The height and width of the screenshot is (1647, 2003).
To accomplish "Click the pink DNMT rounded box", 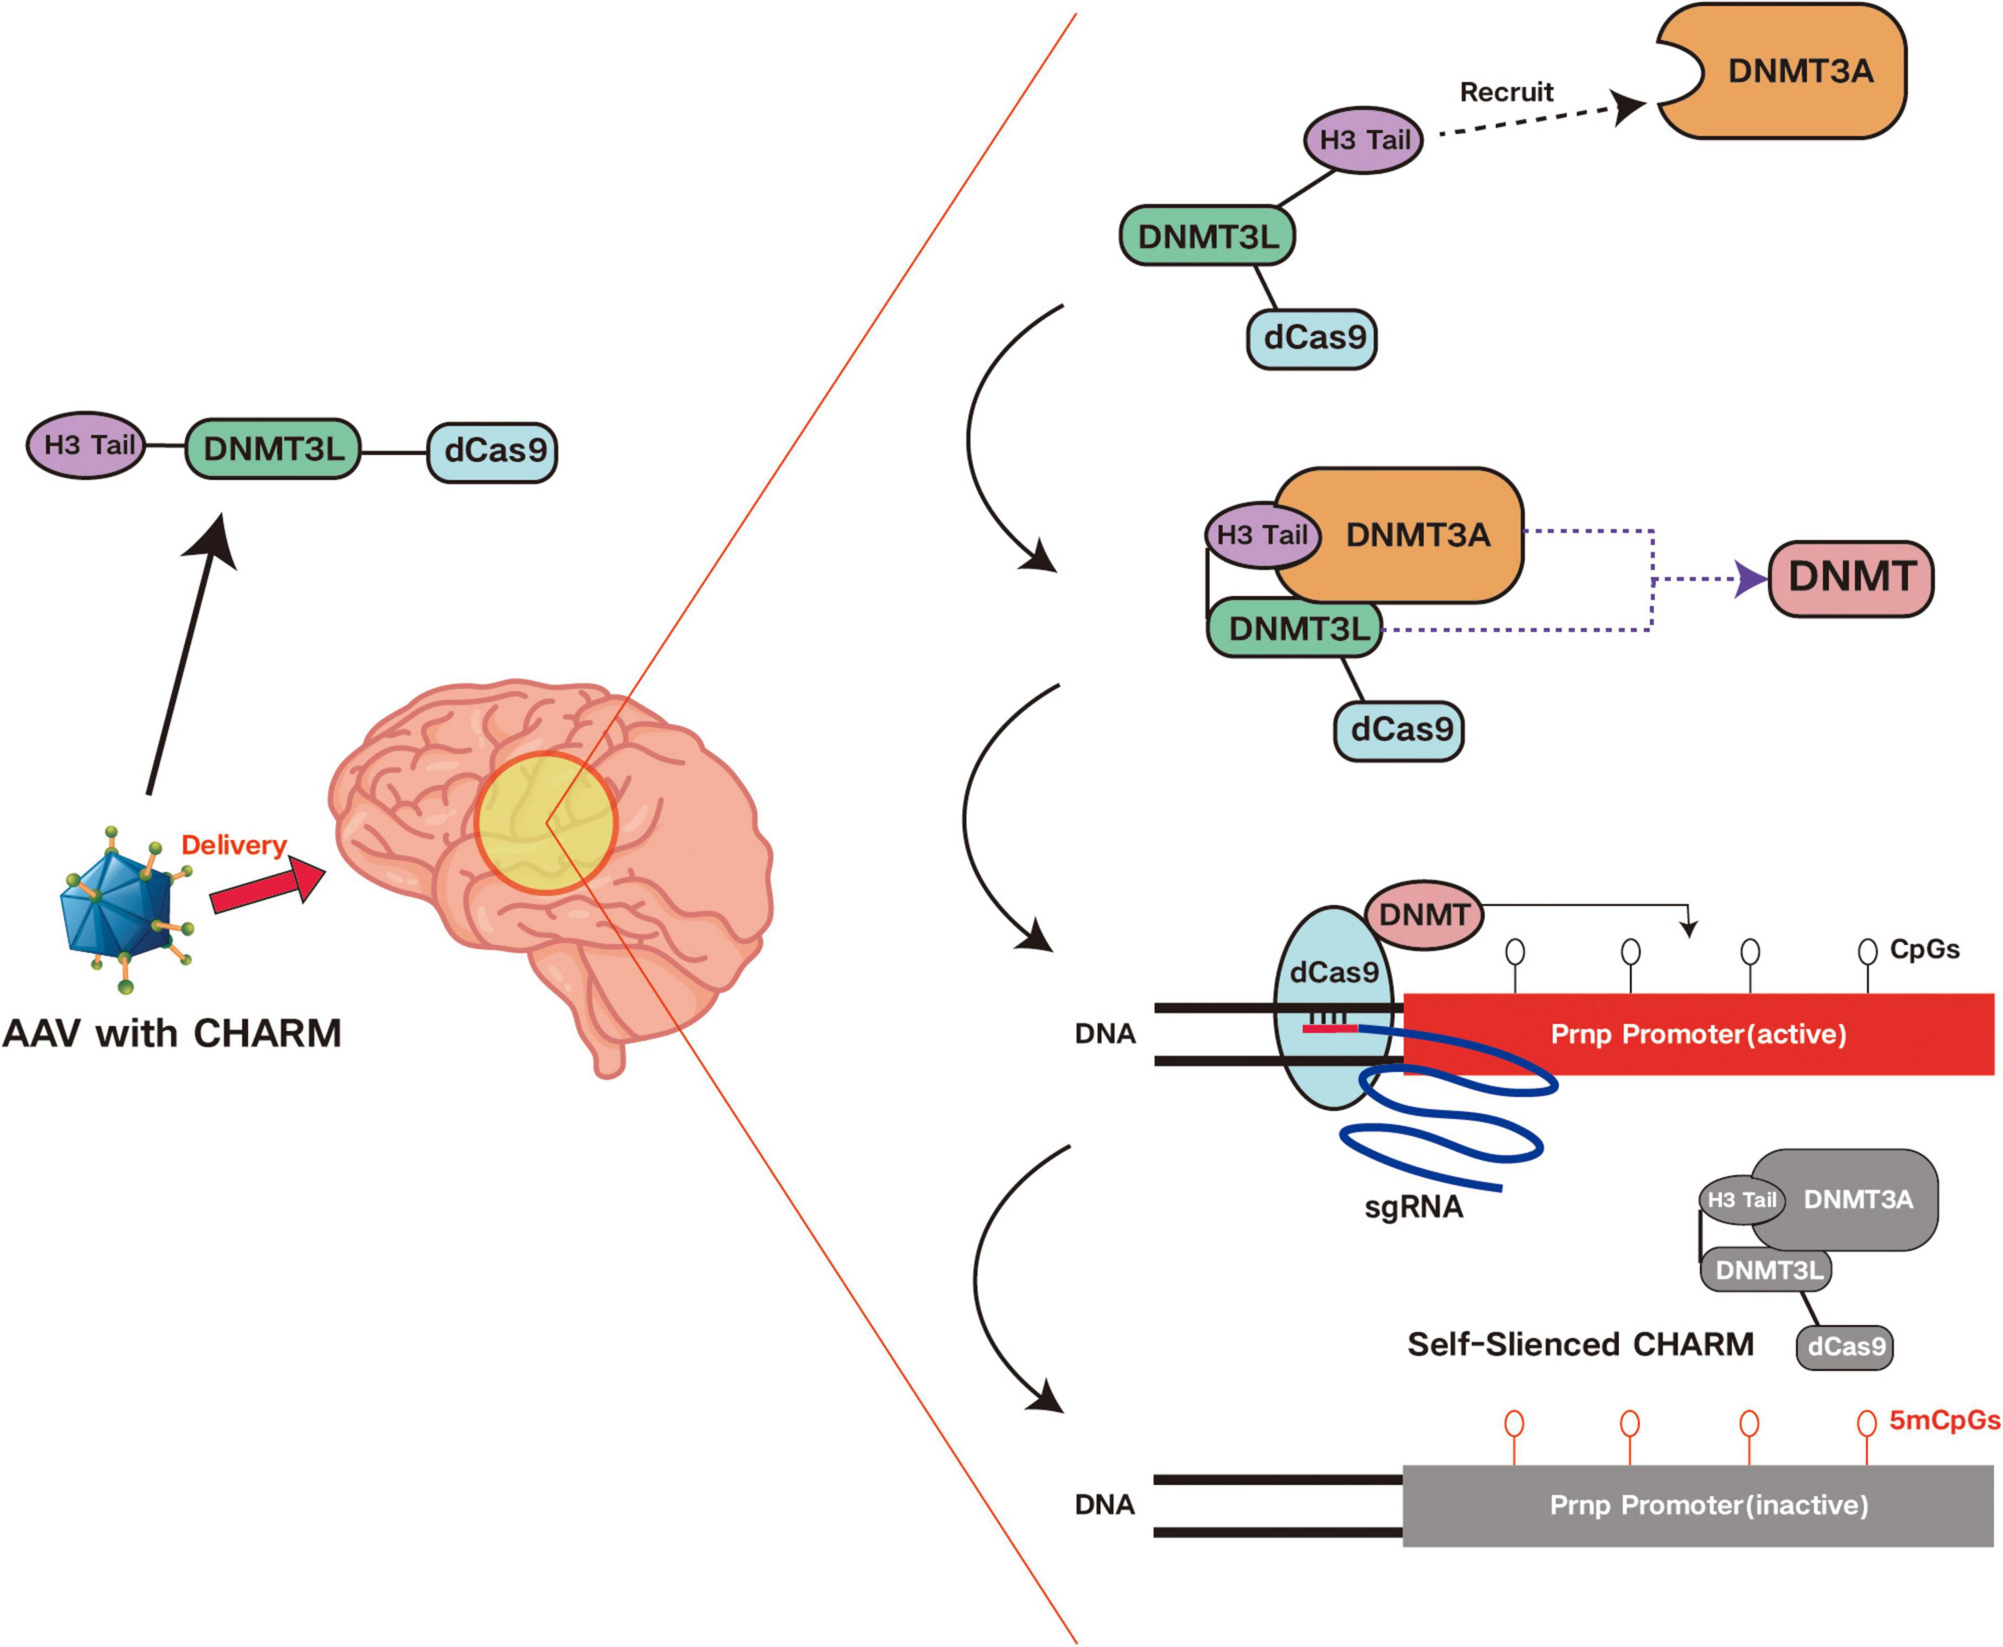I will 1850,578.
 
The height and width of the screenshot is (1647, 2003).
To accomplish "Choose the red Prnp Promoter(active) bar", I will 1699,1034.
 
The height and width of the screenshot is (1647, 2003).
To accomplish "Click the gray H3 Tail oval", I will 1741,1200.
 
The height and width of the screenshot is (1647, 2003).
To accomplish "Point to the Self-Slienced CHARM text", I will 1580,1344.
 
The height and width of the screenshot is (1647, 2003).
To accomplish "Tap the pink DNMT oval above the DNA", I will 1423,915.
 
